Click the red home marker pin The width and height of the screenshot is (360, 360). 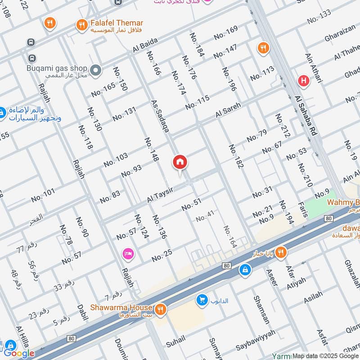tap(180, 163)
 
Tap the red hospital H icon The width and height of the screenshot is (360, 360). tap(304, 81)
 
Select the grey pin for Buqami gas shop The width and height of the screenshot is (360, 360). tap(95, 70)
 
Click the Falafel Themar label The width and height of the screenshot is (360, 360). tap(117, 23)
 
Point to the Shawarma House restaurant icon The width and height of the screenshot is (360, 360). tap(159, 309)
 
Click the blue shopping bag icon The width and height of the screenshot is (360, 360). tap(244, 270)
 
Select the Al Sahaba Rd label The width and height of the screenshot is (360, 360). tap(306, 116)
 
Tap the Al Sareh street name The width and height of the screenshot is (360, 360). tap(228, 111)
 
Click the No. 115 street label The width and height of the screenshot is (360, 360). tap(197, 103)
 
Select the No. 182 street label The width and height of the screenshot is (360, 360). tap(235, 157)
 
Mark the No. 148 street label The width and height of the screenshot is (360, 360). tap(152, 149)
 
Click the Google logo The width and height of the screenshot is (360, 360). tap(19, 353)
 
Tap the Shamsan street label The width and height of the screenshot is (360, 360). tap(261, 310)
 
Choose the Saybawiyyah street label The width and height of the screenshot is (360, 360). tap(255, 346)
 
